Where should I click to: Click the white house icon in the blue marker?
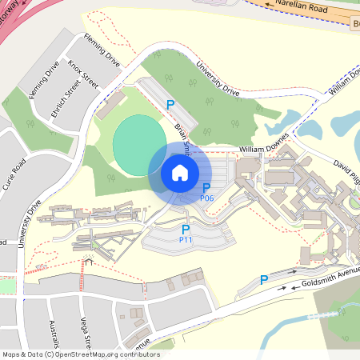[180, 173]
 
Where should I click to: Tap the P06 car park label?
[206, 198]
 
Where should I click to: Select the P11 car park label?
[186, 239]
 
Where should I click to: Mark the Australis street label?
[54, 335]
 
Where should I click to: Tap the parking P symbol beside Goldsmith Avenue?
[264, 280]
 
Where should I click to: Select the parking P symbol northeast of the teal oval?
[170, 104]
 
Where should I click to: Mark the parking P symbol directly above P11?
[186, 229]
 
